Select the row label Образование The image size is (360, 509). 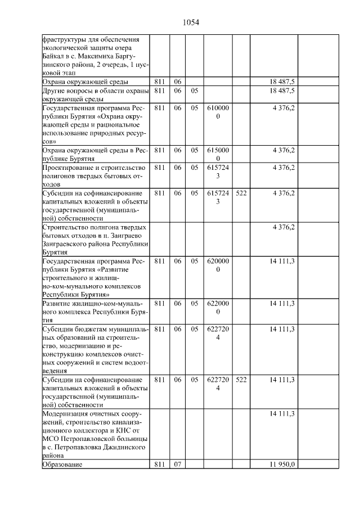click(62, 464)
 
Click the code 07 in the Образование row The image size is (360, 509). click(178, 464)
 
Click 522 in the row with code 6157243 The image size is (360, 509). click(241, 193)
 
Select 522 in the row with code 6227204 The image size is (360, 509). click(241, 380)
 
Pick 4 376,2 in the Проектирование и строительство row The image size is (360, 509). click(283, 168)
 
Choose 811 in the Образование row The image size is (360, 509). click(160, 464)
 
